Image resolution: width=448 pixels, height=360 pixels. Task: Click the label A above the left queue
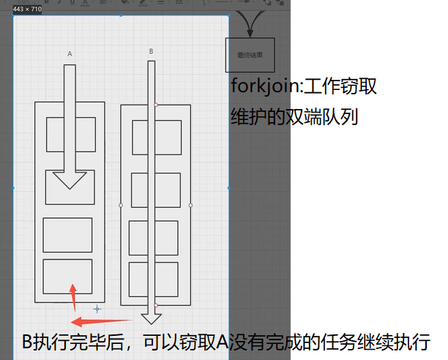[70, 53]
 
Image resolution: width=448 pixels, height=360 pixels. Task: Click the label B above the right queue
[151, 51]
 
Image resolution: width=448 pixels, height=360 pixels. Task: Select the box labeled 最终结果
[250, 55]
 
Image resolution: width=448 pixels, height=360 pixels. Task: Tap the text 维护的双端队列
[294, 116]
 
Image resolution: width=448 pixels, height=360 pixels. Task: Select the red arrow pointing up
[72, 297]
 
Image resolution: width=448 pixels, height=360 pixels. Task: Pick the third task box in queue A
[67, 235]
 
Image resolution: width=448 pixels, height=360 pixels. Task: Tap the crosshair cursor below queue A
[96, 310]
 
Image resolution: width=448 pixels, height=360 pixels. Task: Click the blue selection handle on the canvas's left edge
[14, 188]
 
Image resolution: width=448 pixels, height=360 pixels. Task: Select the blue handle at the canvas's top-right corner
[230, 15]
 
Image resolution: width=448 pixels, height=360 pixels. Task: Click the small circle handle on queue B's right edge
[190, 205]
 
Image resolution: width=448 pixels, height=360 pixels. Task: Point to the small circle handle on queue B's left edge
[121, 205]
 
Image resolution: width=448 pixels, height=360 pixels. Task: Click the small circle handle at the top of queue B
[155, 105]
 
